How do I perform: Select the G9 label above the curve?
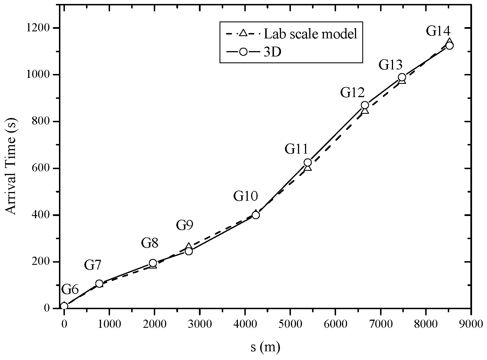pos(185,226)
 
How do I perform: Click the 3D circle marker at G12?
pos(365,105)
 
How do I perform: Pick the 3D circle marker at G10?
pos(256,215)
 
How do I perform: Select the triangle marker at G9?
pos(189,246)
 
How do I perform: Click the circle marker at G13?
pos(402,77)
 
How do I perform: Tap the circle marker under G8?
pos(153,263)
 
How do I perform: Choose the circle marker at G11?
pos(308,162)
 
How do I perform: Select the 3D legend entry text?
pos(272,52)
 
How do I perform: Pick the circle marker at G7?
pos(99,283)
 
